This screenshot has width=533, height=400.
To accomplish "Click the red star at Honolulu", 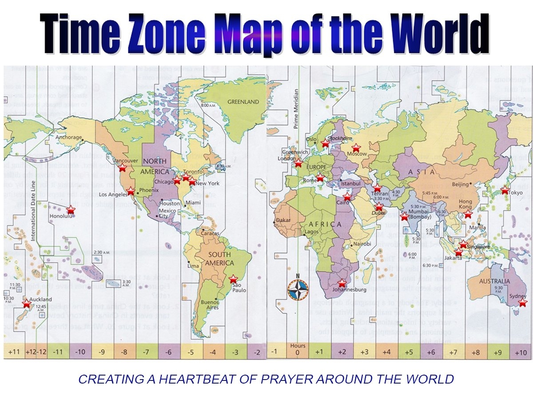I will [x=71, y=210].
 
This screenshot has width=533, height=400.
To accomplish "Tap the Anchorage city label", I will [x=69, y=137].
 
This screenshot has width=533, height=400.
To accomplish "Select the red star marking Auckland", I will [x=27, y=304].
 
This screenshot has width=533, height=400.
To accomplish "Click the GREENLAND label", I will [x=243, y=102].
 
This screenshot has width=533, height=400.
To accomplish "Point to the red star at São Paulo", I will [x=233, y=279].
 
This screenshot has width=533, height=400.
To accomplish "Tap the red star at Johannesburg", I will [x=342, y=283].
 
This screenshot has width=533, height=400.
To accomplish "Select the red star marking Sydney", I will [x=523, y=303].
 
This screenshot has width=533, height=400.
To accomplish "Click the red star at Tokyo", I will [x=505, y=190].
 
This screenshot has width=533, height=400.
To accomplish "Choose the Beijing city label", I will [x=460, y=184].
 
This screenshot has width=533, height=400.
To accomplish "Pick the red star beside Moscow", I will [x=355, y=148].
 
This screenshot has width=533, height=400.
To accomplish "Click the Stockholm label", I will [x=339, y=139].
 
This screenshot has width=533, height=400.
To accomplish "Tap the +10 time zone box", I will [x=521, y=352].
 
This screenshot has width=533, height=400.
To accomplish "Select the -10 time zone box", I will [x=80, y=352].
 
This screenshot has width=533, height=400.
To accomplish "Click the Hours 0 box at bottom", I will [x=298, y=349].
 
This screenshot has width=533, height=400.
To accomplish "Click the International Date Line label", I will [x=32, y=215].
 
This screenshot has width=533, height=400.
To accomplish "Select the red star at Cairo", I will [x=347, y=197].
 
